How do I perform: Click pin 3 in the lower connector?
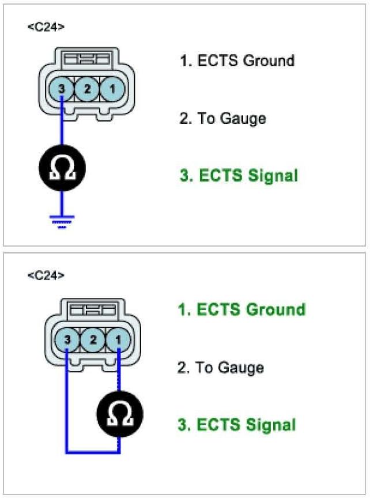tap(68, 340)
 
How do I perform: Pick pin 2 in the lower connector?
tap(92, 340)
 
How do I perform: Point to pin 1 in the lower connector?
tap(117, 340)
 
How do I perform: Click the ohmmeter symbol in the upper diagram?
tap(62, 168)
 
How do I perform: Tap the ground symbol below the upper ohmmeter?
tap(62, 220)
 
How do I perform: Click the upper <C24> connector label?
tap(46, 27)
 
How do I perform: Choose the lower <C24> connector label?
tap(46, 275)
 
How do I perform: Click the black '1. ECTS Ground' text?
tap(237, 61)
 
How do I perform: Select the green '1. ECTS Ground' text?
tap(241, 309)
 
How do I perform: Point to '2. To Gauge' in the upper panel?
tap(223, 119)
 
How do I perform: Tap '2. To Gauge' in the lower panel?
tap(221, 367)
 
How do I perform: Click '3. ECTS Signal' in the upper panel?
tap(239, 176)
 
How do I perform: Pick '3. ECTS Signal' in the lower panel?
tap(237, 425)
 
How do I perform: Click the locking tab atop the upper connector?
tap(86, 59)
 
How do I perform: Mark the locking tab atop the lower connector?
tap(92, 309)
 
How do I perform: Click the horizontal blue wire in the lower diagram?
tap(92, 452)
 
